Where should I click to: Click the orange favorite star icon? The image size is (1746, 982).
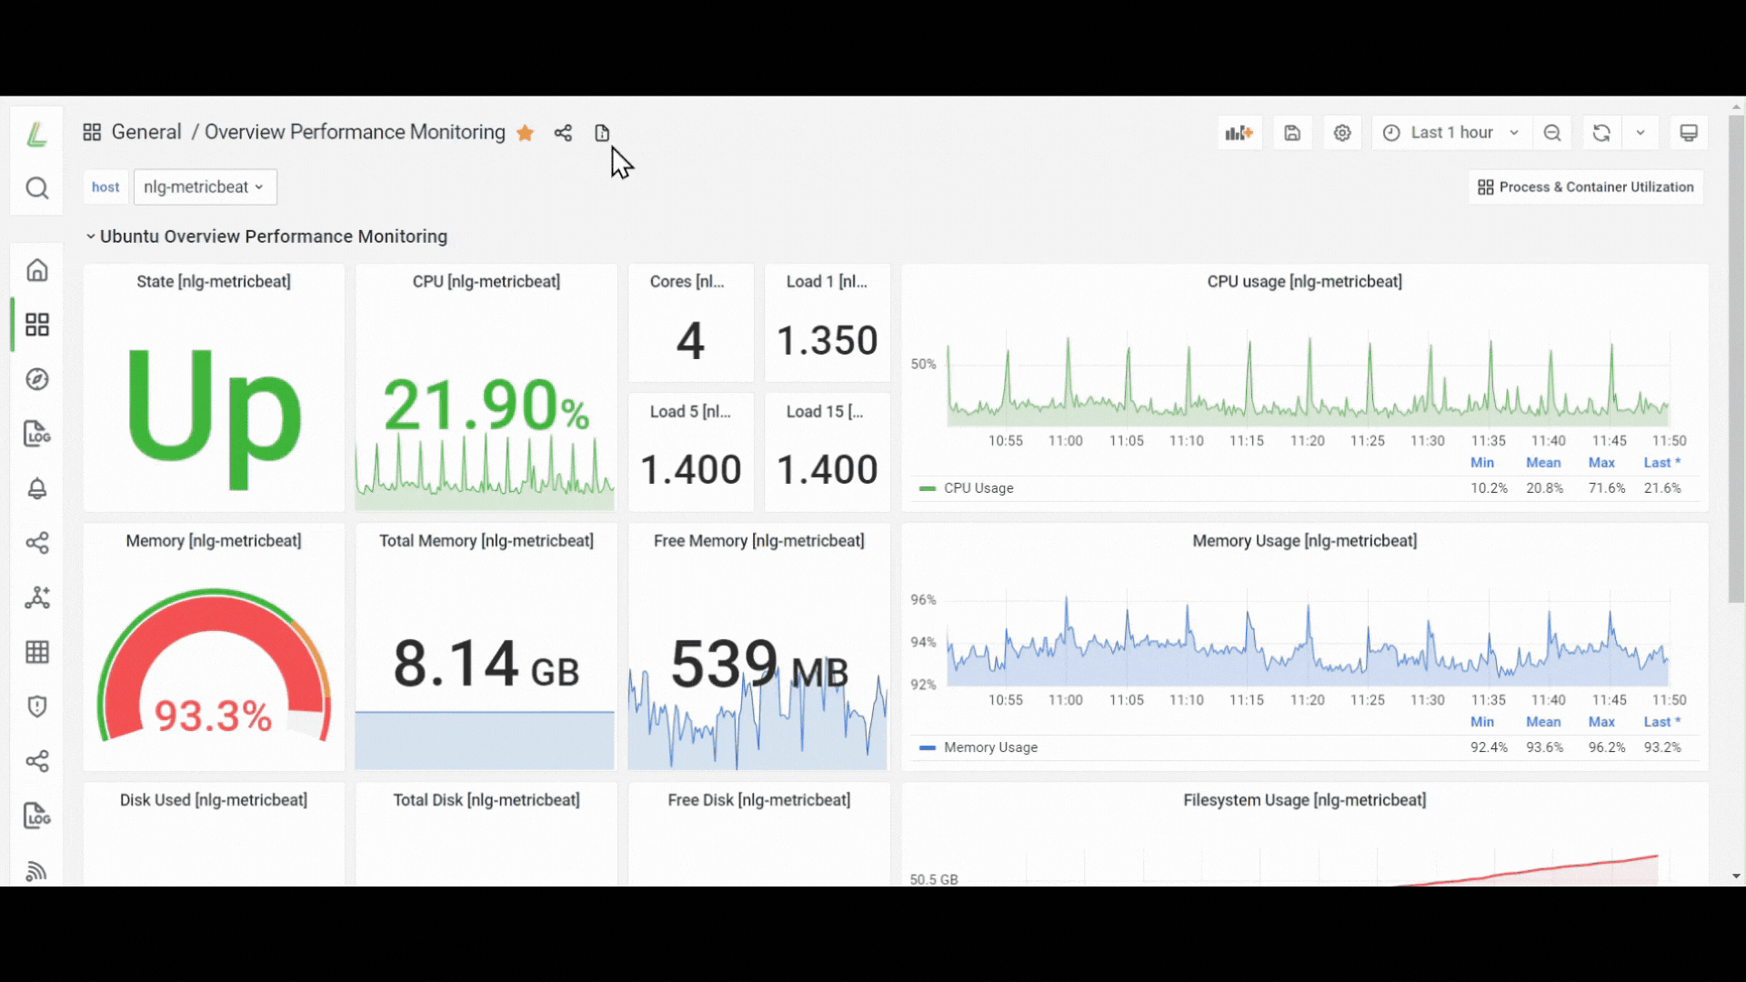click(x=525, y=133)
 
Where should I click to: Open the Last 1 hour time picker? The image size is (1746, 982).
click(x=1451, y=133)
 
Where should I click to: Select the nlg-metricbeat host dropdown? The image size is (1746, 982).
click(x=205, y=187)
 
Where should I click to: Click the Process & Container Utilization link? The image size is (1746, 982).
click(x=1586, y=187)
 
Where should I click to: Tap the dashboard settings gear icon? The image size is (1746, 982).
click(x=1342, y=133)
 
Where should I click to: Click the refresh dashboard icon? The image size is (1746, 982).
click(x=1601, y=133)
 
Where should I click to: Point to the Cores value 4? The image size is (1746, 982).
click(x=690, y=341)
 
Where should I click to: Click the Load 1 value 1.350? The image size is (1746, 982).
click(x=828, y=341)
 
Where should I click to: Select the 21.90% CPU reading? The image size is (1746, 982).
click(x=486, y=405)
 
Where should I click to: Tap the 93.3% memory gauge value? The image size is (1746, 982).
click(x=213, y=716)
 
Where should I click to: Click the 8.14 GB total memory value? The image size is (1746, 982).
click(x=486, y=664)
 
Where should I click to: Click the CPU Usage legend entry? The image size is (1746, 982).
click(x=967, y=488)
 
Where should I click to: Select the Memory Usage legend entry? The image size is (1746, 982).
click(x=978, y=747)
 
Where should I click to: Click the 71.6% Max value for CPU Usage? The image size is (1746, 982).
click(x=1607, y=488)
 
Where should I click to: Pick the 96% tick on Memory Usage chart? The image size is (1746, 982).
click(x=923, y=600)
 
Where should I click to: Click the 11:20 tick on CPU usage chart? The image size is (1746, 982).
click(x=1307, y=441)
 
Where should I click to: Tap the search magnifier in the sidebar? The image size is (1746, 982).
click(x=37, y=188)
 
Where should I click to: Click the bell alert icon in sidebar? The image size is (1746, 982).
click(x=37, y=488)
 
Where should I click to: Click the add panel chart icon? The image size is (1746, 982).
click(x=1239, y=133)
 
